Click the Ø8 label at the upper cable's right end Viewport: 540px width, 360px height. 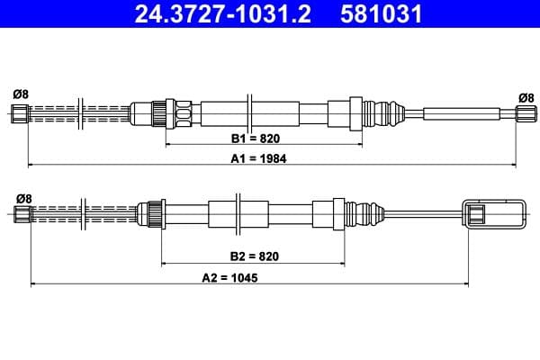point(526,97)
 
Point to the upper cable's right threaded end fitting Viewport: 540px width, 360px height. point(524,112)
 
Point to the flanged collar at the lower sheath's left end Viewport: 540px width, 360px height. point(154,213)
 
